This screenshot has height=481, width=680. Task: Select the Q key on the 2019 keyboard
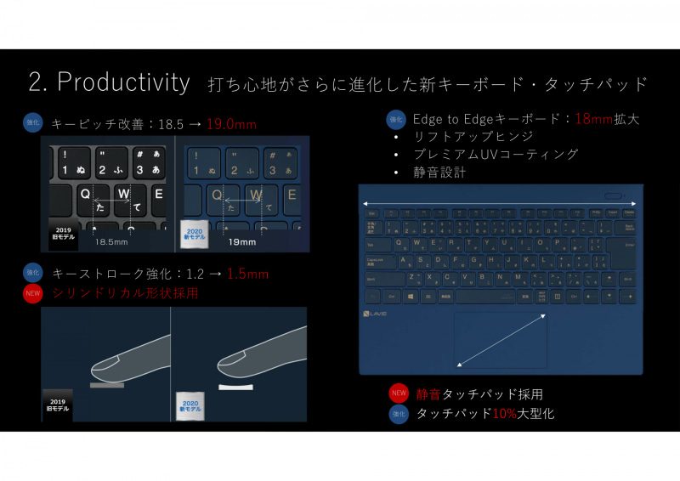point(85,195)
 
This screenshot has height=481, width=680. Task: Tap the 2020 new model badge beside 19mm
point(193,232)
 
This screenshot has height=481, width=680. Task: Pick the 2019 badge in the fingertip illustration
point(58,405)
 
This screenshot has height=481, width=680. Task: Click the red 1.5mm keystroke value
point(249,274)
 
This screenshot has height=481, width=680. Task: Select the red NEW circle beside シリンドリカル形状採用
point(32,294)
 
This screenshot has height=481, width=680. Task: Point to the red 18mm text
point(594,120)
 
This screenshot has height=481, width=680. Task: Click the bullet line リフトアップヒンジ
point(473,137)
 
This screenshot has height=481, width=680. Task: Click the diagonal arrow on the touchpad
point(501,339)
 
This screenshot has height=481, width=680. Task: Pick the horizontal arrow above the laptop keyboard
point(500,204)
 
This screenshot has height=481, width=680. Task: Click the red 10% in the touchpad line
point(505,414)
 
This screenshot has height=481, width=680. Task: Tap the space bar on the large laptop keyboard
point(485,296)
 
